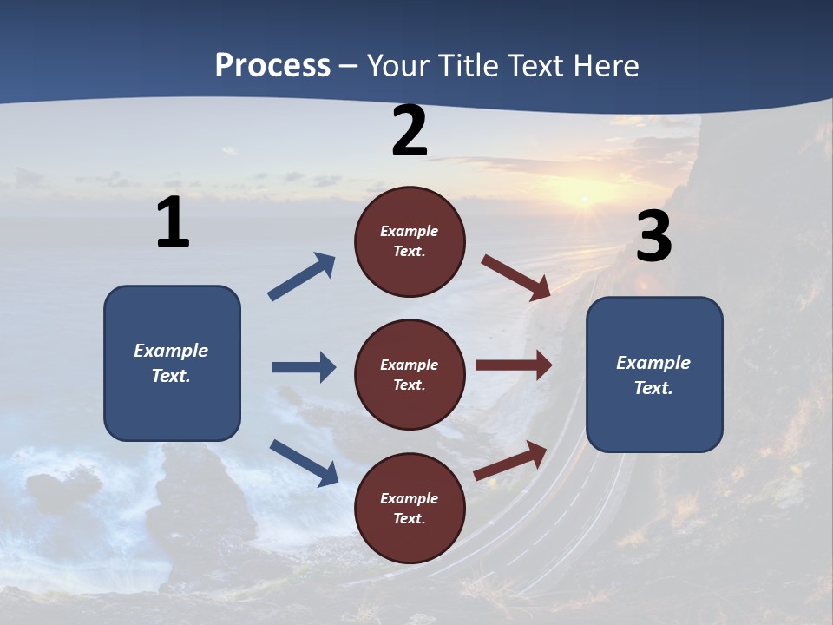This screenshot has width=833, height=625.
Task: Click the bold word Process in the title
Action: (272, 66)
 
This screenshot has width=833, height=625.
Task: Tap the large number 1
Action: (173, 223)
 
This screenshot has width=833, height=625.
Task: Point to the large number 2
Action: (410, 131)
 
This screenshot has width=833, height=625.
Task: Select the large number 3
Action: (654, 236)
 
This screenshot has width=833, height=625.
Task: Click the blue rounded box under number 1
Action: (172, 363)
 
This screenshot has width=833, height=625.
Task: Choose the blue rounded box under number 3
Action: (654, 375)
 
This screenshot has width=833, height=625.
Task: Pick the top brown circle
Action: (410, 241)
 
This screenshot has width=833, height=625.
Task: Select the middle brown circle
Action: (410, 374)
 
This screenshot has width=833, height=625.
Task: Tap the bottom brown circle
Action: (410, 508)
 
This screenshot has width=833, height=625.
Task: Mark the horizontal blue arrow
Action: (304, 367)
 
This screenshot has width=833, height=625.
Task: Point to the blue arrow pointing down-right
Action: (304, 463)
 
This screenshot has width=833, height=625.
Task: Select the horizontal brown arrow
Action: (514, 365)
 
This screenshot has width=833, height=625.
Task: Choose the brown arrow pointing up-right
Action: (511, 460)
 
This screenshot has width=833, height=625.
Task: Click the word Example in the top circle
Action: (409, 231)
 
